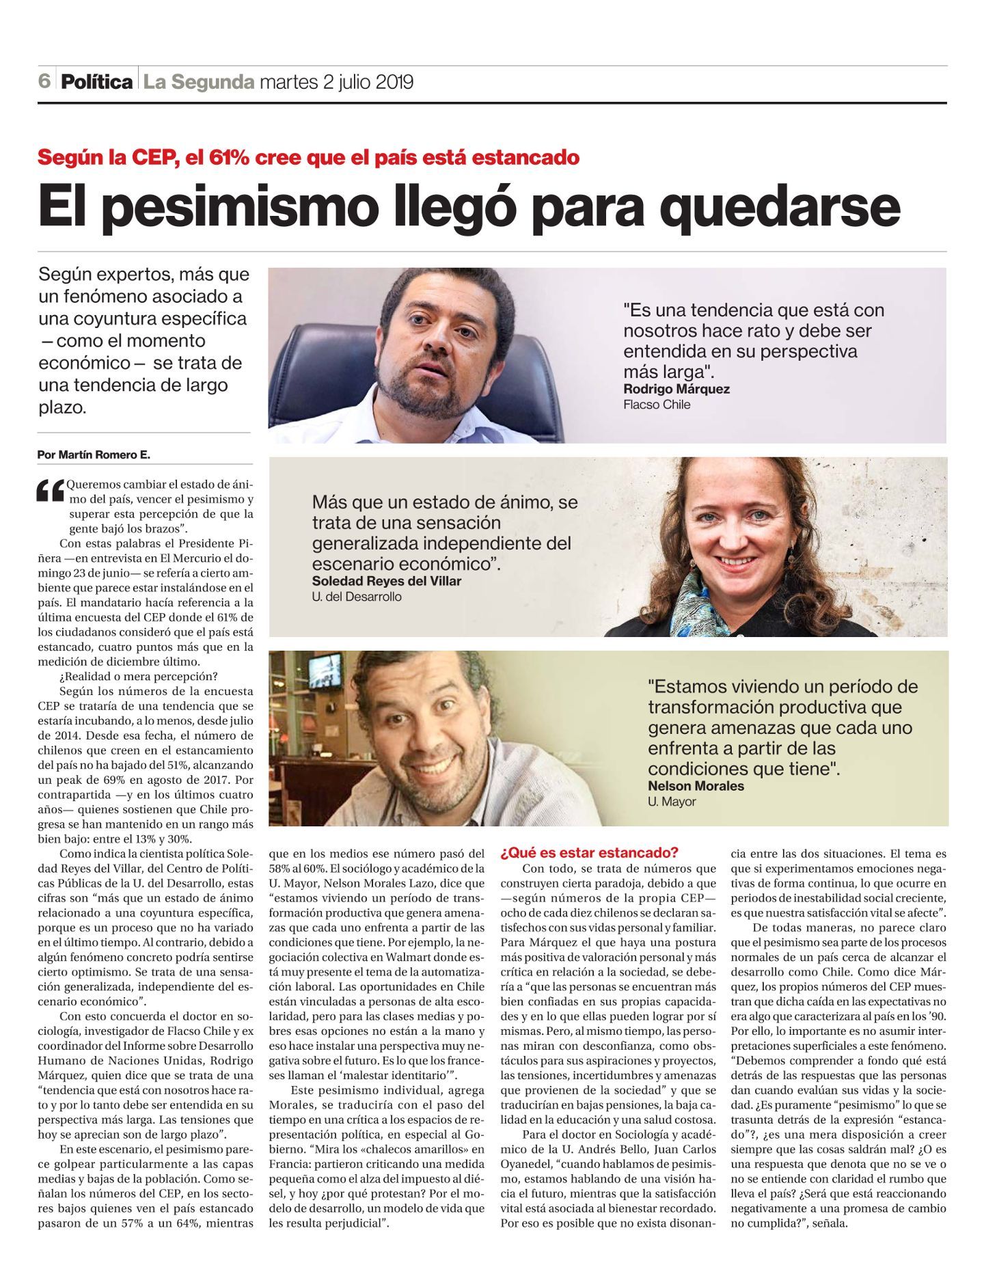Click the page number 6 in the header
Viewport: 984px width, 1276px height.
44,81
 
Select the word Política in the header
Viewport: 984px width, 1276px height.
96,82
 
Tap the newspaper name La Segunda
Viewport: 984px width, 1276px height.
198,82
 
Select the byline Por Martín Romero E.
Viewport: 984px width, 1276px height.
94,454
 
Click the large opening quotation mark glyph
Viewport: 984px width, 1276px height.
50,491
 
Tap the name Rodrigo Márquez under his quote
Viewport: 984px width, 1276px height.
676,389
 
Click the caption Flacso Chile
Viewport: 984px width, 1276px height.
656,405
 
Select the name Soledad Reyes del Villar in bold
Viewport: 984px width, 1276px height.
386,581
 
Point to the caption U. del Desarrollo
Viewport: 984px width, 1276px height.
356,597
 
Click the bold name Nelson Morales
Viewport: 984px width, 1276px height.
696,786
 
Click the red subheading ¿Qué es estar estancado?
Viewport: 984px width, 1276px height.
589,852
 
